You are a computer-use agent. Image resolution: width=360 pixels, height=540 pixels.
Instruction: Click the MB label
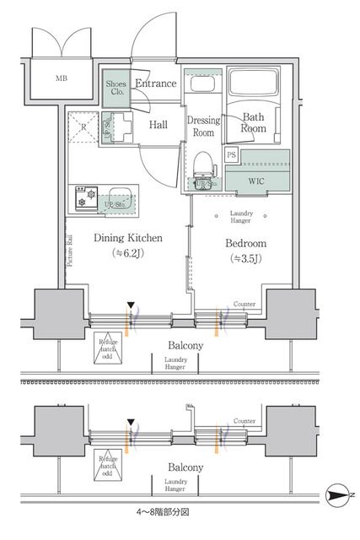[x=62, y=80]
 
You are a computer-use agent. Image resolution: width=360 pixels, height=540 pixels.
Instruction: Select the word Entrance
[x=156, y=83]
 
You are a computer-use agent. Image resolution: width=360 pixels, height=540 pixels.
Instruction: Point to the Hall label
[x=158, y=125]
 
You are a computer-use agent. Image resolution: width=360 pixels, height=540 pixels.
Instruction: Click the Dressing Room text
[x=205, y=126]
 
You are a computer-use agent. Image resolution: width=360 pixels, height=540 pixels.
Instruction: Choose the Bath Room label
[x=255, y=123]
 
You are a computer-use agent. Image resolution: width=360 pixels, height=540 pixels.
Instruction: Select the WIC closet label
[x=257, y=181]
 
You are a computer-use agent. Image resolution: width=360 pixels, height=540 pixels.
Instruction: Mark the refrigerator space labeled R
[x=83, y=129]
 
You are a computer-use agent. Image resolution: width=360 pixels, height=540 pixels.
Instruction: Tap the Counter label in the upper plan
[x=245, y=304]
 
